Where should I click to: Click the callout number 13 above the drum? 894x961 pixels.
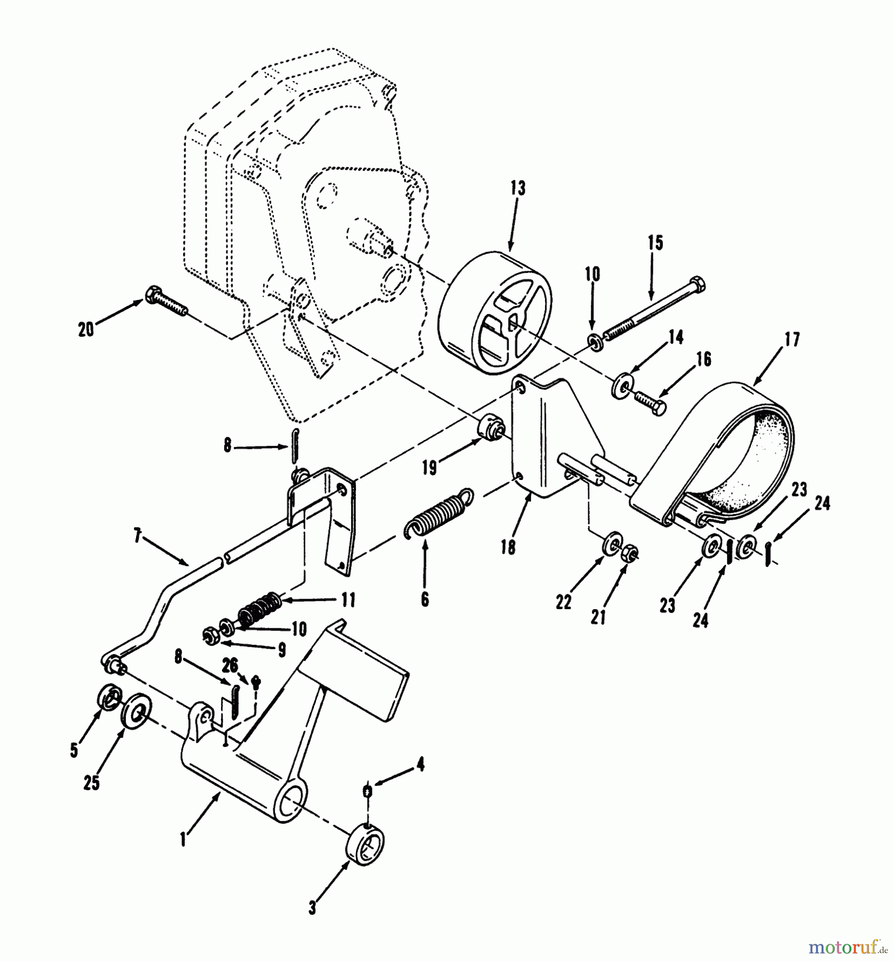coord(517,188)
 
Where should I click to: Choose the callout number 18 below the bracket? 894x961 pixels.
coord(508,547)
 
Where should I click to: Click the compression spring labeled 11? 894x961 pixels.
coord(258,610)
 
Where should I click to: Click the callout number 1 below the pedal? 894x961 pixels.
coord(183,839)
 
